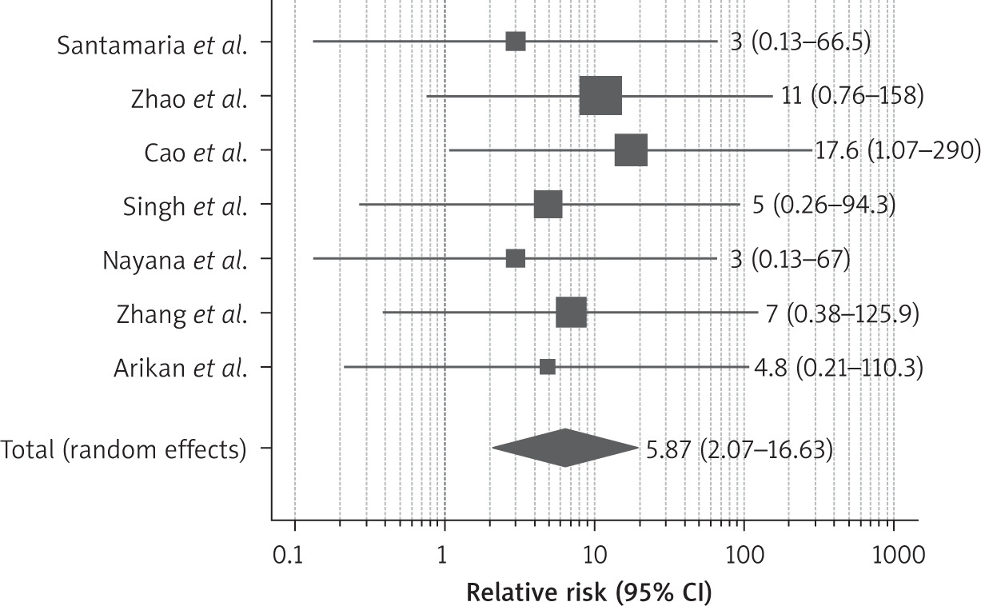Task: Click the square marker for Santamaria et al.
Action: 516,42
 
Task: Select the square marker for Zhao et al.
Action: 600,96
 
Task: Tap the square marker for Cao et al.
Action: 631,150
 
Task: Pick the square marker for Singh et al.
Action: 548,205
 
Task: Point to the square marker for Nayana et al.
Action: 516,259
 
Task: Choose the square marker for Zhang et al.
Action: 572,313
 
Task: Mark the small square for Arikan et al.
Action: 548,367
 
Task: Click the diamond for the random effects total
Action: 565,448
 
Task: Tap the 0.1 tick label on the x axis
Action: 295,554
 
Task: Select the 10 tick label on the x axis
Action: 594,554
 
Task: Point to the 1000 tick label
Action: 893,554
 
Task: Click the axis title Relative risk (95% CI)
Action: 588,592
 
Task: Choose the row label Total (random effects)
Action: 123,449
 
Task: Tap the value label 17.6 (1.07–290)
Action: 897,150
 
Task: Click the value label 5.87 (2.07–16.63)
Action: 740,449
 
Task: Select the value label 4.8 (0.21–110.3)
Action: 837,367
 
